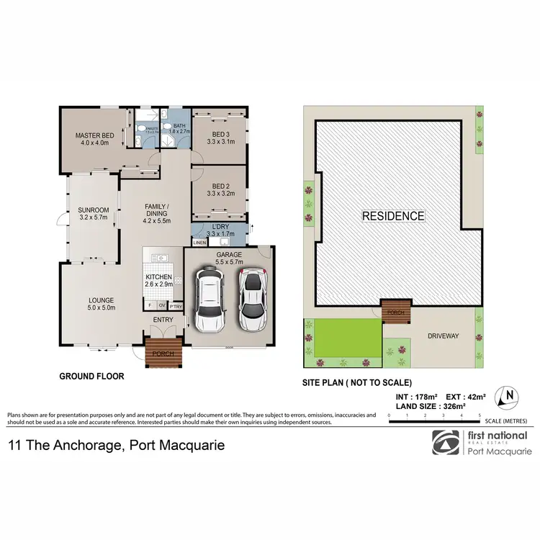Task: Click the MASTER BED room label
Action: point(92,138)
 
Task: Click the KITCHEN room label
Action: point(159,281)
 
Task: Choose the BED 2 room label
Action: point(220,189)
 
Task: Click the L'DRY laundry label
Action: point(220,230)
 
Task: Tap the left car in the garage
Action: point(209,300)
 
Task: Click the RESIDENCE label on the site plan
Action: point(393,215)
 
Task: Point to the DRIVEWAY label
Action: point(444,336)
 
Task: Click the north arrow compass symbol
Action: point(509,395)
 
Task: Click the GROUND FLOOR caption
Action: point(91,377)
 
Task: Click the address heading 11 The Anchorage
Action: point(116,446)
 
